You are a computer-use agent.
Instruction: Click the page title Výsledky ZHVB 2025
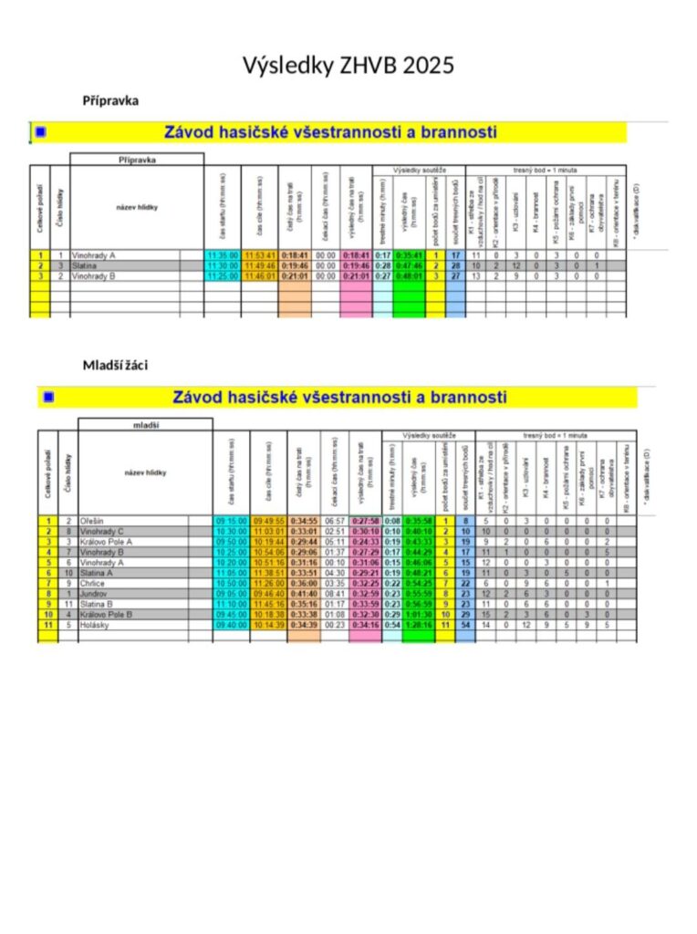coord(348,66)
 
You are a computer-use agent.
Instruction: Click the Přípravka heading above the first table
coord(110,100)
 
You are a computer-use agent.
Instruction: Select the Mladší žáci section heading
coord(115,365)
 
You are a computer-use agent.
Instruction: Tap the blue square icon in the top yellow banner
coord(39,132)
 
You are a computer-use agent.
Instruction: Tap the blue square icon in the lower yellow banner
coord(47,397)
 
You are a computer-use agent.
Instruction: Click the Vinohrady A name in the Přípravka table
coord(94,255)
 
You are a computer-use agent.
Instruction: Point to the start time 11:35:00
coord(223,255)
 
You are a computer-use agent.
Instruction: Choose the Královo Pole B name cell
coord(107,614)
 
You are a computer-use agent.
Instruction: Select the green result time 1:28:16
coord(420,625)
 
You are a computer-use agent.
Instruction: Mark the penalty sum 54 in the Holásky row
coord(464,625)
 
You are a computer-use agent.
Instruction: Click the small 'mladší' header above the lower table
coord(146,424)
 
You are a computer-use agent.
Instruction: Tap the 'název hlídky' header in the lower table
coord(145,472)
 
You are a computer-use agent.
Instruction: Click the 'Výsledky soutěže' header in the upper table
coord(419,170)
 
